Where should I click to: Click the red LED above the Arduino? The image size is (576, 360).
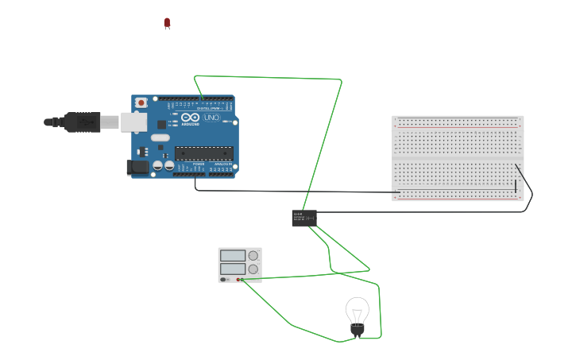pyautogui.click(x=167, y=23)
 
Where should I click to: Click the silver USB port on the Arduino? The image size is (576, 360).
pyautogui.click(x=133, y=122)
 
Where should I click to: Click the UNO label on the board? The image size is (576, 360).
pyautogui.click(x=211, y=118)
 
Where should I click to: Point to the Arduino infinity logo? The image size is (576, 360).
pyautogui.click(x=190, y=118)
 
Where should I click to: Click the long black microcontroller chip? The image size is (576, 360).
pyautogui.click(x=203, y=153)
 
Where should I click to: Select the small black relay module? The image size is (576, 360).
pyautogui.click(x=304, y=218)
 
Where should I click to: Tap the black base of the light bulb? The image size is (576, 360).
pyautogui.click(x=358, y=329)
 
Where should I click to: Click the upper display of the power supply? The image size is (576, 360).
pyautogui.click(x=233, y=256)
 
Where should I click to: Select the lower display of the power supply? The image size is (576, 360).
pyautogui.click(x=233, y=269)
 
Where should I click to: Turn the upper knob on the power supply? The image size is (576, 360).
pyautogui.click(x=253, y=256)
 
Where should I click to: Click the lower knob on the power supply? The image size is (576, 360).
pyautogui.click(x=253, y=269)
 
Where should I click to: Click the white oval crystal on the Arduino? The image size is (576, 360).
pyautogui.click(x=161, y=137)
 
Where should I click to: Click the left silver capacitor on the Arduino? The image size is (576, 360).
pyautogui.click(x=158, y=165)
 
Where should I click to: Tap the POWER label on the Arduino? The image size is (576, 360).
pyautogui.click(x=198, y=164)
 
